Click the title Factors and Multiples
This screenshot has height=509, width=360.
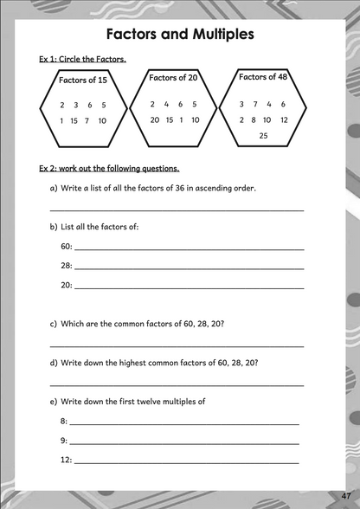click(x=179, y=35)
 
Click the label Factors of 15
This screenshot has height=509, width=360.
click(x=82, y=81)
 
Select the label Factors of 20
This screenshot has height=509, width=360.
click(x=174, y=78)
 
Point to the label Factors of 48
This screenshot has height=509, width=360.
click(x=264, y=77)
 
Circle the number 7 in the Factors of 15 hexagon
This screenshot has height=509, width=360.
click(x=87, y=120)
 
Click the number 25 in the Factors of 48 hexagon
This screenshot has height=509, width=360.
click(x=264, y=136)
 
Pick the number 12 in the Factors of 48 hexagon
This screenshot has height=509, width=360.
click(x=285, y=120)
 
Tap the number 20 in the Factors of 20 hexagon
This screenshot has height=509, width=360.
click(x=154, y=120)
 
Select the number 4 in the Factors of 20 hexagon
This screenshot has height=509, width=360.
click(x=167, y=104)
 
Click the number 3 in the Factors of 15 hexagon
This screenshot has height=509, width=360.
click(x=76, y=105)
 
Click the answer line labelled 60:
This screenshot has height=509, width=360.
click(x=190, y=248)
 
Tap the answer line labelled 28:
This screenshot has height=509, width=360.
click(x=190, y=267)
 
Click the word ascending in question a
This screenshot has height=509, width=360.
click(x=210, y=188)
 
